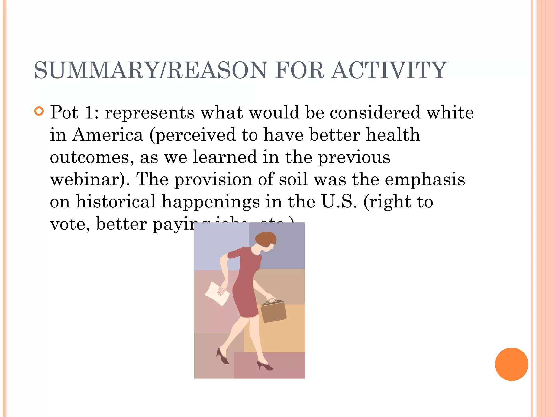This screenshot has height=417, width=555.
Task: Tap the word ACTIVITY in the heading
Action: click(x=389, y=70)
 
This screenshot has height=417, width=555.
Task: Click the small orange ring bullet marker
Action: click(x=39, y=111)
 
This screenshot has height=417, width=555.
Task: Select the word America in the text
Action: click(x=107, y=135)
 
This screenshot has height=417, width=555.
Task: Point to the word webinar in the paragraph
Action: click(x=87, y=179)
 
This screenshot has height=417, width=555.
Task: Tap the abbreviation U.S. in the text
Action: click(x=339, y=202)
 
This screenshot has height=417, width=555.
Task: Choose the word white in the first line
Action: click(x=450, y=112)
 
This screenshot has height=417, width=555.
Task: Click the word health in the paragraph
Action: click(x=393, y=135)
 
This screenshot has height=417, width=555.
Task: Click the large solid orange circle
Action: click(x=511, y=364)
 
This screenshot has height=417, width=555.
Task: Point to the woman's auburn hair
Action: click(x=266, y=239)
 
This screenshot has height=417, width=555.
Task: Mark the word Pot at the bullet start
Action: click(x=64, y=112)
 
